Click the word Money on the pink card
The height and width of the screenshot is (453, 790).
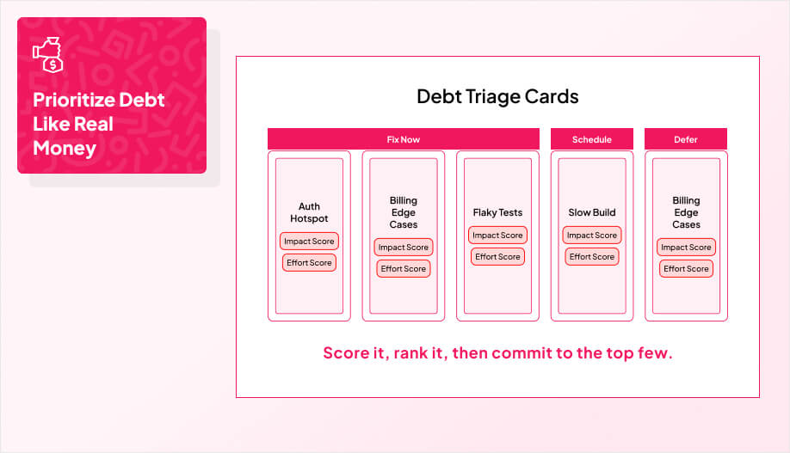click(65, 148)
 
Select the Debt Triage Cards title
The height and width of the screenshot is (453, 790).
click(497, 95)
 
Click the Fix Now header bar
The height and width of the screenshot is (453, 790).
click(403, 139)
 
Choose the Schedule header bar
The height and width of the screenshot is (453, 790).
click(592, 139)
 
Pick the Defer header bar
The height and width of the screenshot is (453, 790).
click(686, 139)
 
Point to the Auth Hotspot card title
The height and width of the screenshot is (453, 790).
click(309, 212)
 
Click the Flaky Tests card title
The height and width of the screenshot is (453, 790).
click(497, 212)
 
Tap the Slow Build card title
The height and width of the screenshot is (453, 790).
click(592, 212)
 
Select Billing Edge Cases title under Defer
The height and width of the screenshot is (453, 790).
click(686, 212)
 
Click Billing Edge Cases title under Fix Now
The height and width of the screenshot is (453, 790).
click(403, 212)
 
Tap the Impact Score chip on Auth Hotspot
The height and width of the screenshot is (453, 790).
click(309, 242)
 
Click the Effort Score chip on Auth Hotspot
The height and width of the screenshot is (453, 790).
click(309, 263)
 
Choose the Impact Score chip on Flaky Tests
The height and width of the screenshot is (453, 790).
click(497, 236)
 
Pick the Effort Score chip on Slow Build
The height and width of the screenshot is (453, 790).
click(592, 256)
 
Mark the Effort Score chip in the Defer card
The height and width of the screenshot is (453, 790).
click(686, 269)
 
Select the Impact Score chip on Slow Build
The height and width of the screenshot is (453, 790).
click(592, 236)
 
